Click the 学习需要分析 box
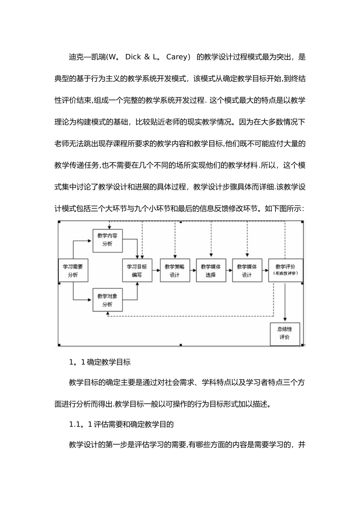coord(73,270)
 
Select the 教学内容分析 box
coord(107,240)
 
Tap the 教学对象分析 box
coord(107,300)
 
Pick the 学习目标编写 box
coord(137,270)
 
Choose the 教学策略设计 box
coord(174,270)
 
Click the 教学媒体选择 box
coord(211,270)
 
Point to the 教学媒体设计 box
coord(247,270)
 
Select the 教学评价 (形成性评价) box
coord(285,270)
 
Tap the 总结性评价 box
coord(285,334)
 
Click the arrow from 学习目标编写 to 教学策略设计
coord(156,270)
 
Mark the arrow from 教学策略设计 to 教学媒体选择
coord(193,270)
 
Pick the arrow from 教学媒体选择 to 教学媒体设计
coord(229,270)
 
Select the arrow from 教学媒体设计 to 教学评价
coord(265,270)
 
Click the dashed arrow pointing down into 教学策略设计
coord(175,240)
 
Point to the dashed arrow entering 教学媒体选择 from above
coord(211,240)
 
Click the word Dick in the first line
coord(133,57)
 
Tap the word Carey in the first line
coord(177,57)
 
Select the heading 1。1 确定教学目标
coord(100,362)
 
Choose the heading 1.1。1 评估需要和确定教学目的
coord(121,424)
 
